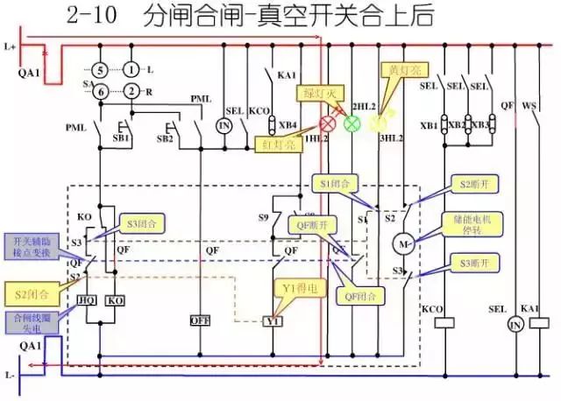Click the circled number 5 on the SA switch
[x=101, y=69]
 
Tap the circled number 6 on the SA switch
[x=101, y=91]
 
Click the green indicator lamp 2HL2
[x=352, y=123]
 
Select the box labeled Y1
[x=271, y=321]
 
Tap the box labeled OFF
[x=201, y=320]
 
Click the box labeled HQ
[x=87, y=299]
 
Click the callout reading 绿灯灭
[x=316, y=94]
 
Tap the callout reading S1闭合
[x=335, y=184]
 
